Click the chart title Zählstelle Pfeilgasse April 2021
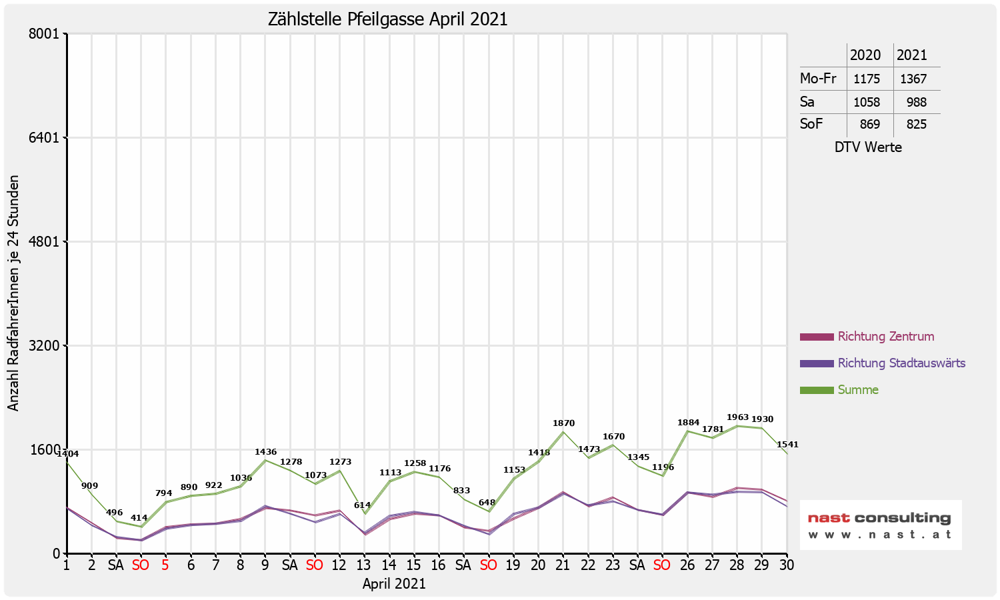pos(387,19)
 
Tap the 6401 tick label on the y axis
pos(46,138)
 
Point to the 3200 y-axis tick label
pos(46,346)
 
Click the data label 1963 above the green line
pos(737,417)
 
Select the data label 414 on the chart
pos(139,518)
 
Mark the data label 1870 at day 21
pos(563,423)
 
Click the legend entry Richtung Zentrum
pos(885,337)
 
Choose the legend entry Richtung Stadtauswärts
pos(901,363)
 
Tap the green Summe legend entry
pos(858,390)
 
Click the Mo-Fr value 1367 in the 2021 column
pos(913,79)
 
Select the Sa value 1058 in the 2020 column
pos(867,103)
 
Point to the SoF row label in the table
pos(811,124)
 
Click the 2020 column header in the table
pos(865,55)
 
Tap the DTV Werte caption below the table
pos(868,147)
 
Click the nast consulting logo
pos(880,525)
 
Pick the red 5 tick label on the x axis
pos(165,565)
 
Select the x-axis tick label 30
pos(787,565)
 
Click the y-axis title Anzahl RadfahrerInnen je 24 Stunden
pos(14,293)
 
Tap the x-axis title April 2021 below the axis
pos(394,584)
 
